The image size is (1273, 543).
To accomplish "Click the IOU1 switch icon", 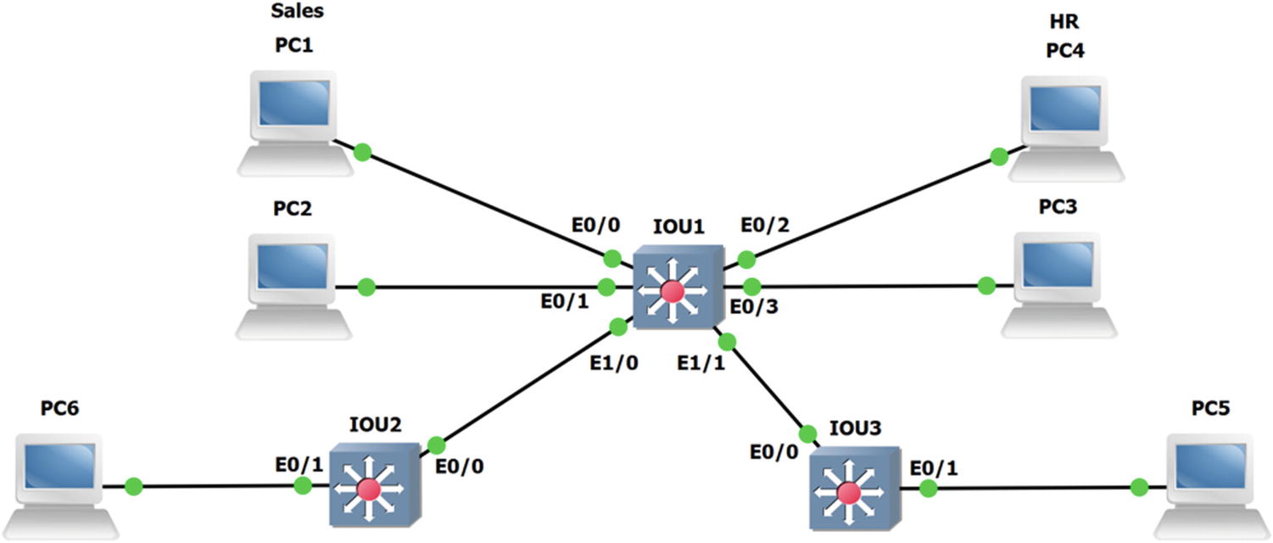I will (x=677, y=289).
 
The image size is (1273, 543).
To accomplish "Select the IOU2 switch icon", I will (x=373, y=486).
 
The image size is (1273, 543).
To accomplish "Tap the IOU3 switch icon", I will (x=853, y=490).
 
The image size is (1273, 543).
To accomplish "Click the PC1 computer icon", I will (x=290, y=124).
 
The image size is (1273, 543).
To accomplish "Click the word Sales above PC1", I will (x=297, y=11).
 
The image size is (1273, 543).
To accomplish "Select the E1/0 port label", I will (x=615, y=362).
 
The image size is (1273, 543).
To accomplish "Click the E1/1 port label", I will (x=701, y=362).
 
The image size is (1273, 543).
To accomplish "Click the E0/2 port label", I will (x=764, y=227).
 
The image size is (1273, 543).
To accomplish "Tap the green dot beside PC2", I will (x=366, y=287).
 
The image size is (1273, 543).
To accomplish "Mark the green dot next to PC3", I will (x=985, y=286).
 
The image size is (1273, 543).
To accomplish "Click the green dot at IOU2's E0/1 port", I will (x=302, y=485).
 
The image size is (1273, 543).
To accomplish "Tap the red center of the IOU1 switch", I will (x=672, y=292).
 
